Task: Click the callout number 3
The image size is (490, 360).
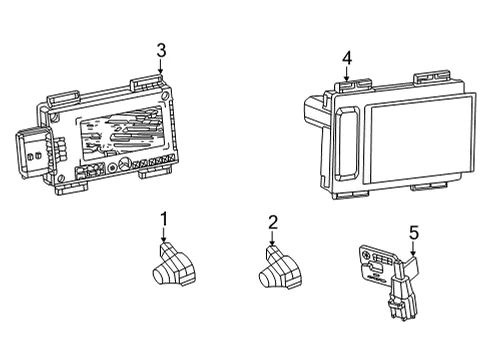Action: coord(161,51)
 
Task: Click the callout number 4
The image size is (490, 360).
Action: coord(347,58)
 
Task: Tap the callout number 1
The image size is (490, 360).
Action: coord(164,219)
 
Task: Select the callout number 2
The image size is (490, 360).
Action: coord(273,222)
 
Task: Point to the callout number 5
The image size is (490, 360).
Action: coord(414,233)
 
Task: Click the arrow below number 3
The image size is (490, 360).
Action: coord(161,67)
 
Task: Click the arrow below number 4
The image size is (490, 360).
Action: coord(347,74)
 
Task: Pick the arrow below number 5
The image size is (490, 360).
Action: coord(413,249)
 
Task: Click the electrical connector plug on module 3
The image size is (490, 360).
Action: coord(33,152)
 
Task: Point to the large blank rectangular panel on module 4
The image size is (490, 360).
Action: coord(419,139)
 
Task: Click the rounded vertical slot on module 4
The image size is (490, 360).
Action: coord(347,144)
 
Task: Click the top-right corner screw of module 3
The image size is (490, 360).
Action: coord(164,96)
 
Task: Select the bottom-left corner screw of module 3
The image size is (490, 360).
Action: coord(60,178)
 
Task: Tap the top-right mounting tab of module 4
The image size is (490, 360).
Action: coord(432,77)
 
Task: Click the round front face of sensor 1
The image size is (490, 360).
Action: coord(161,275)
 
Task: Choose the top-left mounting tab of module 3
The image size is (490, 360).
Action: coord(63,98)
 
